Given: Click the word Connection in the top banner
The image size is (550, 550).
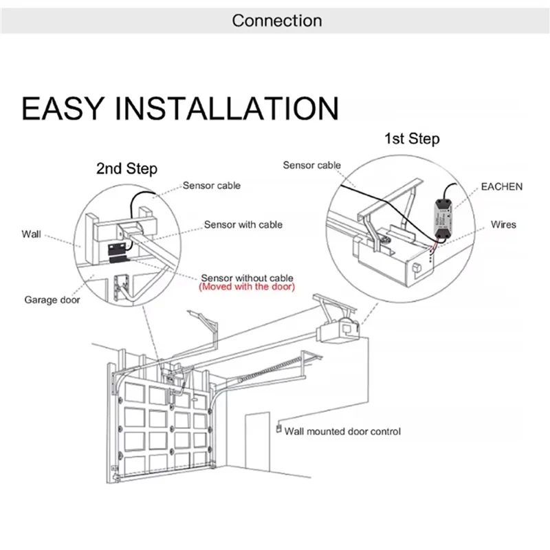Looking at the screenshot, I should pyautogui.click(x=276, y=21).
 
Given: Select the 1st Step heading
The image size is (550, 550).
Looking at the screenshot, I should pyautogui.click(x=411, y=139).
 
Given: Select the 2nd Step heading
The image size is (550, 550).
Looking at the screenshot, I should pyautogui.click(x=126, y=168).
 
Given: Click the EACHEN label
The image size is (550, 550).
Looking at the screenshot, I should pyautogui.click(x=501, y=186).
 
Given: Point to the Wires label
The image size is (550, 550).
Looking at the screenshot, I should pyautogui.click(x=503, y=225).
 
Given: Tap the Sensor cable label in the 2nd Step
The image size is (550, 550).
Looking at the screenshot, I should pyautogui.click(x=212, y=186).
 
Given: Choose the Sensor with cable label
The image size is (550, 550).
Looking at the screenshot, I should pyautogui.click(x=243, y=225).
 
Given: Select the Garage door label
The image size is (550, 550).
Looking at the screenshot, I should pyautogui.click(x=52, y=300).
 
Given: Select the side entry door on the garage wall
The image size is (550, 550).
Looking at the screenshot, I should pyautogui.click(x=256, y=440).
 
